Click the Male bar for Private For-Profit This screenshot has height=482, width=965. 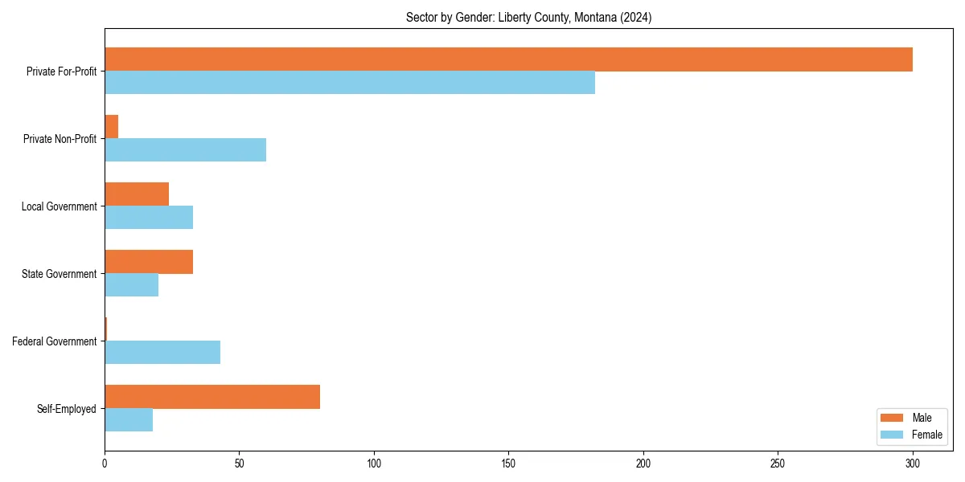[508, 59]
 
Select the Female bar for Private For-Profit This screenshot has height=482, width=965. [350, 83]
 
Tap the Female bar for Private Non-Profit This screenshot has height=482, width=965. [185, 150]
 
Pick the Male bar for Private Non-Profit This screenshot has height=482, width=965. [112, 127]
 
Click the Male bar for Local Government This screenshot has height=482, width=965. [137, 194]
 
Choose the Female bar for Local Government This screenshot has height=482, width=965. [149, 218]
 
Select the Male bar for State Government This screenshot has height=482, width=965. [149, 262]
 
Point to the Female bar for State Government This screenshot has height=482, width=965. [131, 285]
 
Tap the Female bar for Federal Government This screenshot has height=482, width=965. [162, 353]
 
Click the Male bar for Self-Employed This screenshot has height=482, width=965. [212, 397]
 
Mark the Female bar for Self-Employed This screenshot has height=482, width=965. [129, 420]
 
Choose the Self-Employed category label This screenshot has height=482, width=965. [66, 409]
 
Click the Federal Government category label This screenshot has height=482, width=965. [54, 341]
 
